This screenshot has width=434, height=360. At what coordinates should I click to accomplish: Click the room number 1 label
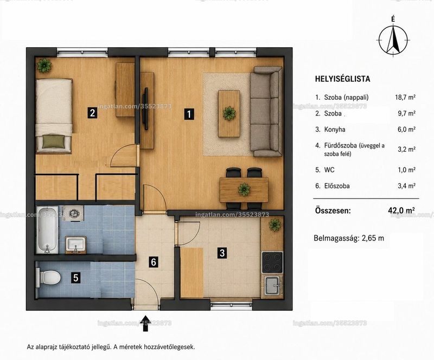(189, 114)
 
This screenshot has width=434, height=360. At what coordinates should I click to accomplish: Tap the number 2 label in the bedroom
(92, 113)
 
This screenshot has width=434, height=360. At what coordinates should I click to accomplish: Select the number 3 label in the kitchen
(222, 253)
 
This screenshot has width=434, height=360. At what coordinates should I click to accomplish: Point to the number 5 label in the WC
(76, 278)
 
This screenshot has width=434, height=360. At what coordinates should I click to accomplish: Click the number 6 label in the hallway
(154, 261)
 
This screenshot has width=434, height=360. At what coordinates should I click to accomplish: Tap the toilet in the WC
(49, 277)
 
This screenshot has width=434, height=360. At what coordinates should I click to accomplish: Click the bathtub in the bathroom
(48, 230)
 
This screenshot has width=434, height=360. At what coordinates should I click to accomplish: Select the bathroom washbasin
(76, 245)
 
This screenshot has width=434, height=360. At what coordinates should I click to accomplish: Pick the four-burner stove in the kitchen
(272, 262)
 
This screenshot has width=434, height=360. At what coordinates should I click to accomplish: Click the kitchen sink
(273, 285)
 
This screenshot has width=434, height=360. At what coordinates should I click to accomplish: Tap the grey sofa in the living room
(266, 112)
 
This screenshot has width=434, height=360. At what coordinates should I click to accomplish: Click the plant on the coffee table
(229, 113)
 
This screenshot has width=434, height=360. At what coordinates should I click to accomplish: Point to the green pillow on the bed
(54, 142)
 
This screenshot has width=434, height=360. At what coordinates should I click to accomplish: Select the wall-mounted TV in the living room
(145, 108)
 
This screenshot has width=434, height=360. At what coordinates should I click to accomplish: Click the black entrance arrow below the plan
(145, 323)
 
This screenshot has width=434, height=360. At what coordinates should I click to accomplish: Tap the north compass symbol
(393, 39)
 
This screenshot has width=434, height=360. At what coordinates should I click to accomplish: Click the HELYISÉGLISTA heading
(342, 79)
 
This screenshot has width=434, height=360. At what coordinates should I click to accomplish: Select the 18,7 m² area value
(405, 98)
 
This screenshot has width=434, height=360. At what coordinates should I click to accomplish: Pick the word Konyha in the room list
(335, 130)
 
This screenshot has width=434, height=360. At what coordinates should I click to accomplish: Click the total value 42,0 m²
(401, 210)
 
